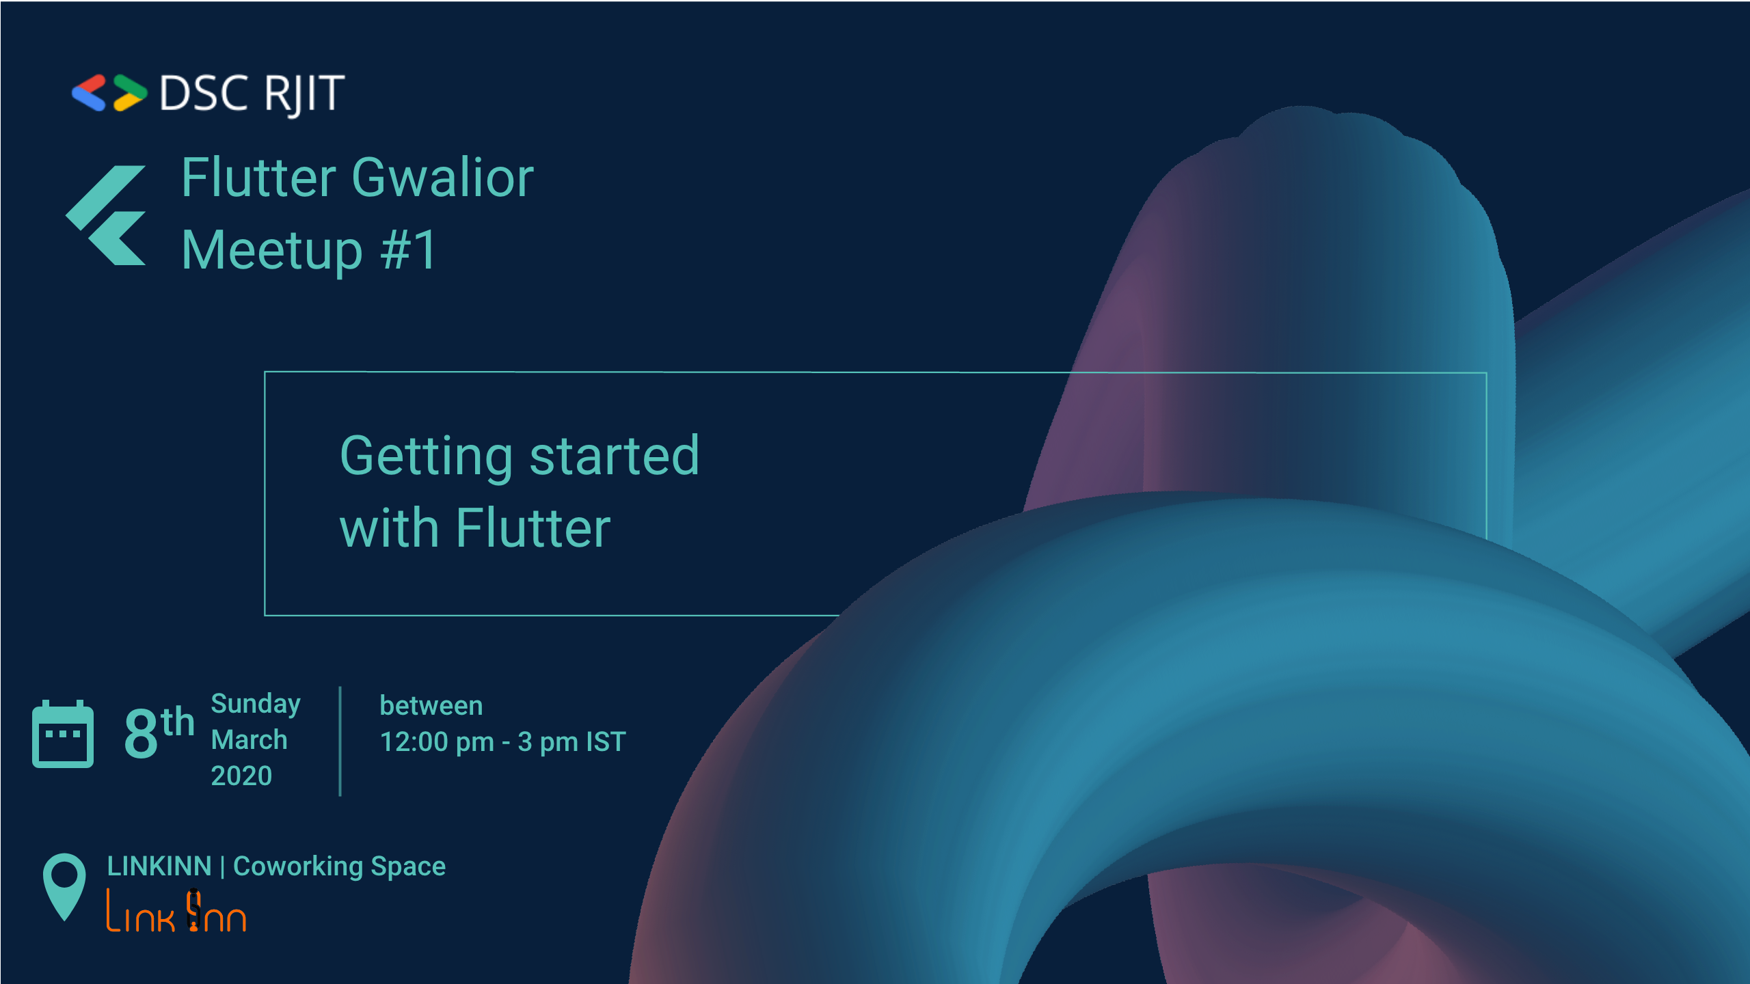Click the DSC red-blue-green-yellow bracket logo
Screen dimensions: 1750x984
pos(109,92)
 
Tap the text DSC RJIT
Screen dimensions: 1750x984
pos(252,94)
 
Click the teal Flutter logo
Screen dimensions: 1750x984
pos(106,215)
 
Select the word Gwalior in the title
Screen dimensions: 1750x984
pos(442,178)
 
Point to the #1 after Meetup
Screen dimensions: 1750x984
pos(408,250)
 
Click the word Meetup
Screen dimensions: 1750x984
pos(272,251)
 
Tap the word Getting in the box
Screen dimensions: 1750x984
pos(426,457)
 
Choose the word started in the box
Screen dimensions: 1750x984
pos(615,456)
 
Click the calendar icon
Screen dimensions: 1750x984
pos(63,734)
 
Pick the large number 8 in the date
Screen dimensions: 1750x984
pos(142,733)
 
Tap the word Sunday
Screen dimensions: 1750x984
pos(256,705)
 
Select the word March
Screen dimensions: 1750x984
pos(249,740)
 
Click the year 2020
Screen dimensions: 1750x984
pos(241,776)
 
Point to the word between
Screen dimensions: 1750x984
pos(431,706)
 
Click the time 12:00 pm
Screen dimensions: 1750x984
pos(437,742)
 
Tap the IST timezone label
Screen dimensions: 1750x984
pos(606,742)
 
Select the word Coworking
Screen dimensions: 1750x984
pos(298,867)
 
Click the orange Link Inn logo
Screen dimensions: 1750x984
pos(176,911)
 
